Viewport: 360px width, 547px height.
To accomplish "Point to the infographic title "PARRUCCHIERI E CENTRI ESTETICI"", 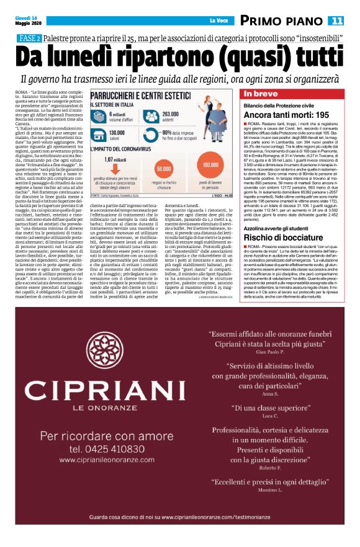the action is point(143,97).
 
